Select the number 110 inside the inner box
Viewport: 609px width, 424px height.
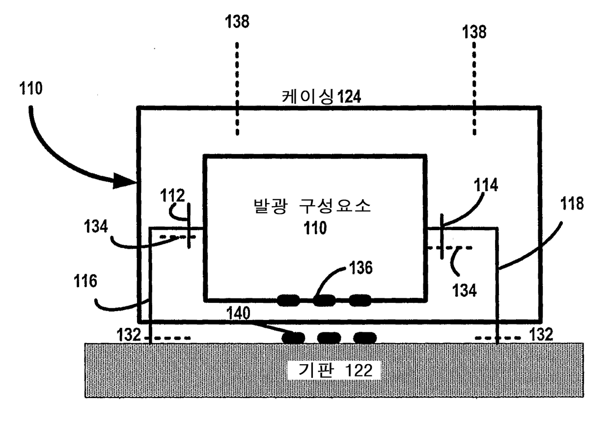click(315, 228)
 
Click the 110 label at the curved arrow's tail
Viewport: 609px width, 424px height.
click(32, 88)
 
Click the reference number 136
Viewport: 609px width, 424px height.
click(361, 267)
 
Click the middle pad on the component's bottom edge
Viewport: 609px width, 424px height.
click(325, 299)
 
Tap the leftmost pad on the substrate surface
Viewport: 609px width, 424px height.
click(294, 338)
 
